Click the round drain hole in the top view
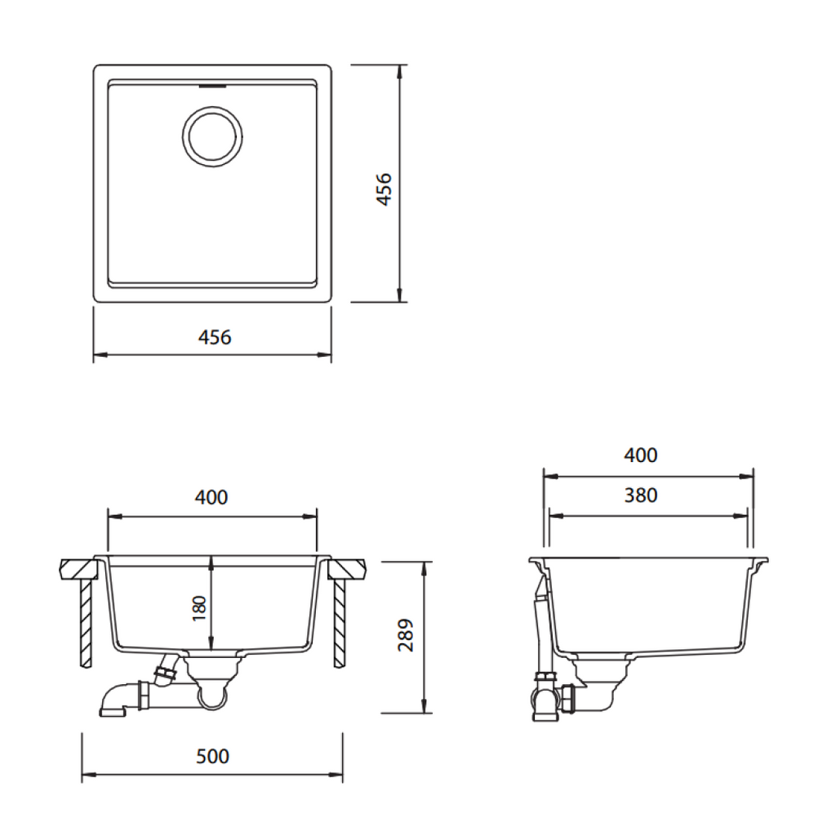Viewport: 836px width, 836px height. coord(212,135)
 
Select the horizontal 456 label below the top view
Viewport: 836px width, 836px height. coord(215,336)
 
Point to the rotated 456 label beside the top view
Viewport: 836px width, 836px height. coord(383,189)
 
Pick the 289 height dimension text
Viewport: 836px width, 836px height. coord(406,635)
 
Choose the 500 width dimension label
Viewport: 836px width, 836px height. coord(213,756)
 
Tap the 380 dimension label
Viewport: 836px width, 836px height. coord(640,495)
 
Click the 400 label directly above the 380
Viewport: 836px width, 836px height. coord(640,455)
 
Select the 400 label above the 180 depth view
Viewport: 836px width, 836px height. coord(211,496)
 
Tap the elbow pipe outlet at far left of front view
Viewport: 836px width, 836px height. coord(112,709)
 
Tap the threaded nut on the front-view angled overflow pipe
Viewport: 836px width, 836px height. coord(164,674)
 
